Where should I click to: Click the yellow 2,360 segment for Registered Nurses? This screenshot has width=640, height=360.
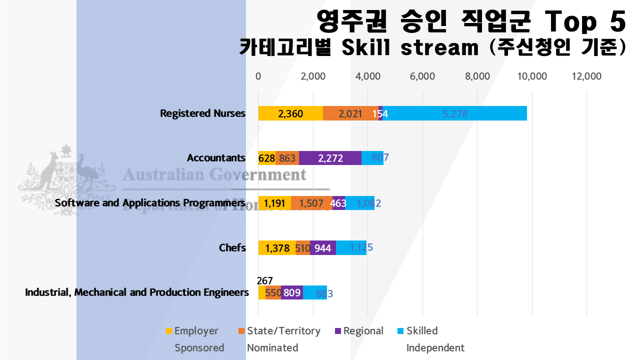290,113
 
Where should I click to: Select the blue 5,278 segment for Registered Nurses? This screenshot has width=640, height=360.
454,113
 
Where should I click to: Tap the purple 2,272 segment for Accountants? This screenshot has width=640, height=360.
330,158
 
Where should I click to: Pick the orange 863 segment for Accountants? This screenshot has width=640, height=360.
287,158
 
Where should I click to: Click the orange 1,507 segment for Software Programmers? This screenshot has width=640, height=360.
311,203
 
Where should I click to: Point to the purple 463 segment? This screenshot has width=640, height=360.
338,203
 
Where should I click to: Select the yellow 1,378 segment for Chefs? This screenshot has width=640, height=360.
277,247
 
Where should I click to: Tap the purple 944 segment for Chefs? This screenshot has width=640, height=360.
323,247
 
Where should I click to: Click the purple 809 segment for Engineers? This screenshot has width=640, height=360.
292,292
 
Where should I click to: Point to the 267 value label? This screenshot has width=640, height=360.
264,281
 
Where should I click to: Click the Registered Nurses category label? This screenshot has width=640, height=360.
202,113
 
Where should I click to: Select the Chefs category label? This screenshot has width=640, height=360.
232,247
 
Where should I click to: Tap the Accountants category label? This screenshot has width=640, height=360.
216,158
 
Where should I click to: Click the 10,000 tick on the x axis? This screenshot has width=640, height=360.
532,76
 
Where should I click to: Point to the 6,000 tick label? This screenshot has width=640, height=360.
422,76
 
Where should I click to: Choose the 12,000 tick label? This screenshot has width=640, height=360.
586,76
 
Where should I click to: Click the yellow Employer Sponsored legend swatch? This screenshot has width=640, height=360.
168,330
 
